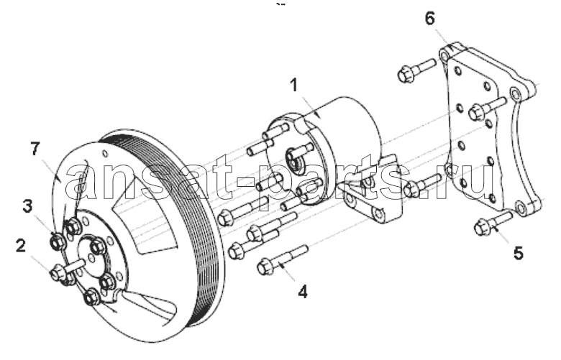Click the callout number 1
point(294,86)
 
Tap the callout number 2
point(21,246)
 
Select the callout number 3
point(28,206)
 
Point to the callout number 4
point(303,292)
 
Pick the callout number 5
point(519,253)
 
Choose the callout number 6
point(430,18)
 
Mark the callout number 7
point(35,149)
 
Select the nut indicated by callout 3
point(58,242)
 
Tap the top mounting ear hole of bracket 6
point(444,57)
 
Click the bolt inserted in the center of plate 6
point(488,109)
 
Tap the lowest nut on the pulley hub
point(91,297)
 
